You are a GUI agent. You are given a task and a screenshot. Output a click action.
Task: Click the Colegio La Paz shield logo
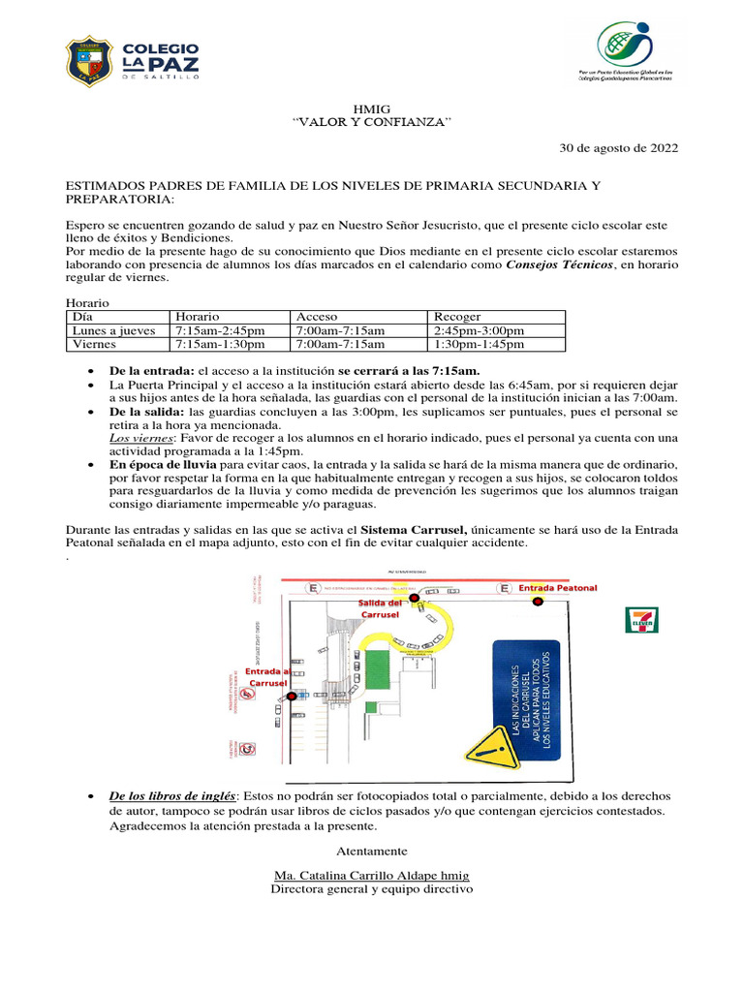91,60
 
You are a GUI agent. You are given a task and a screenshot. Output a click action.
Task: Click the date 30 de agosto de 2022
620,148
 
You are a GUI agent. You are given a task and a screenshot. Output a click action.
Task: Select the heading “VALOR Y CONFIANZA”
372,123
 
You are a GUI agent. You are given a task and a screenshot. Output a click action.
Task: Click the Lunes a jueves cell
113,330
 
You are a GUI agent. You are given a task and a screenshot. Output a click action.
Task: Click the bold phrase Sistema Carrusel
414,530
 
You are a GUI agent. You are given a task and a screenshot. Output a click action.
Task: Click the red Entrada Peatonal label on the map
558,588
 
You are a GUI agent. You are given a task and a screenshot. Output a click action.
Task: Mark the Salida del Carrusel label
380,608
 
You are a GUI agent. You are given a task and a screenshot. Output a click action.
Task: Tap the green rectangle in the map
376,669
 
